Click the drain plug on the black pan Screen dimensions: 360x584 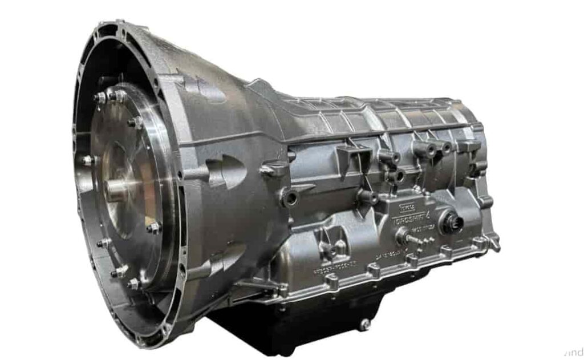coord(364,325)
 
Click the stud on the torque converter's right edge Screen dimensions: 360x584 coord(153,228)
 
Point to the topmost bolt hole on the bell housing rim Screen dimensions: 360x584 coord(120,24)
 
